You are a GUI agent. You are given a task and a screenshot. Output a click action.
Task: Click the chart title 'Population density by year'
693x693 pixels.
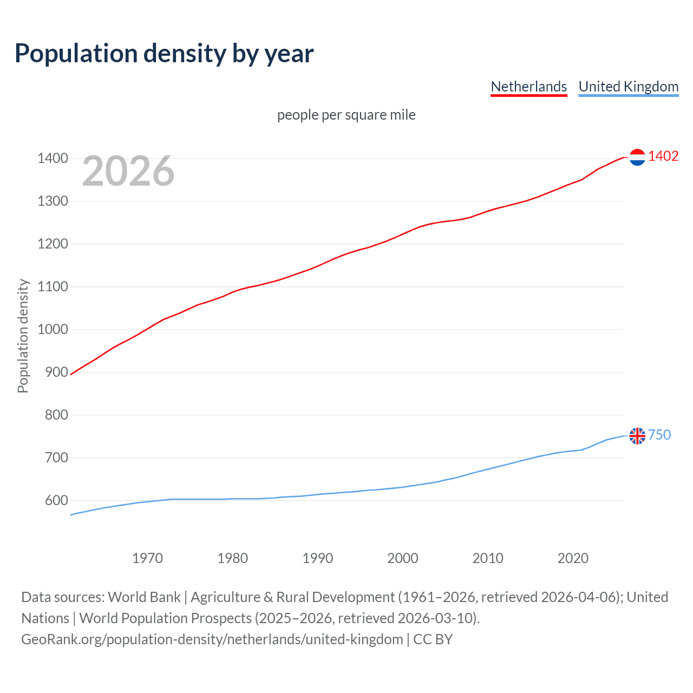[x=164, y=54]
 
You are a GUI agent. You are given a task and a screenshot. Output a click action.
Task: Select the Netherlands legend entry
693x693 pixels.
[x=528, y=87]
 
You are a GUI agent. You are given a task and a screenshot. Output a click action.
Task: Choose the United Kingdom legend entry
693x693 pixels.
[x=628, y=87]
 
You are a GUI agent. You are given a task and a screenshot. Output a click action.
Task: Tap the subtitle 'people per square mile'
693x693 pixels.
[x=346, y=115]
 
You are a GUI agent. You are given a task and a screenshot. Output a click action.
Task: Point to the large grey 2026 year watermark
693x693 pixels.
[x=128, y=171]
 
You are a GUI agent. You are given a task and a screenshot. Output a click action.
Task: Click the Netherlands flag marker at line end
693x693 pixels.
[x=637, y=157]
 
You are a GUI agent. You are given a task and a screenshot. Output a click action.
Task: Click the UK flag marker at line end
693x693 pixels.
[x=637, y=435]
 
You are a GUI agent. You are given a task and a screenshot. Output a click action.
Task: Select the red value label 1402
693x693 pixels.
[x=663, y=156]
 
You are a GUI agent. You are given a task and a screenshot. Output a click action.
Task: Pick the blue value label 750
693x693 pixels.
[x=659, y=435]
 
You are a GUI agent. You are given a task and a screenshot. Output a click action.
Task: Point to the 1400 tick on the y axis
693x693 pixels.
[x=53, y=159]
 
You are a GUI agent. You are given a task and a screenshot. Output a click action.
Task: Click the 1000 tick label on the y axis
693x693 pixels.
[x=53, y=329]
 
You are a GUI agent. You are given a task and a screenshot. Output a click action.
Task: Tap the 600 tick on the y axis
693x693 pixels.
[x=56, y=500]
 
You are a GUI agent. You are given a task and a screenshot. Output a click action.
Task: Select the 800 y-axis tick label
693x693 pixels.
[x=56, y=415]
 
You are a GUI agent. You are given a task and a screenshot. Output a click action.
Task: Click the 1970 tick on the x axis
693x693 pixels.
[x=147, y=558]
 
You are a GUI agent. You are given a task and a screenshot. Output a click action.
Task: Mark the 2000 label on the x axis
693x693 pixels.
[x=402, y=558]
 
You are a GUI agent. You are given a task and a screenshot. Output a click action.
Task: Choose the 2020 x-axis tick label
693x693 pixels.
[x=573, y=558]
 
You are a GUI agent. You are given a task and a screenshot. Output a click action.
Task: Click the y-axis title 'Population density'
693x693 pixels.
[x=23, y=336]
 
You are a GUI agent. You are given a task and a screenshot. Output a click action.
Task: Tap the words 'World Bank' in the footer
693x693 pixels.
[x=144, y=597]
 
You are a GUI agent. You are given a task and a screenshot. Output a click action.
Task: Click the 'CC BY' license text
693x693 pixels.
[x=433, y=639]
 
